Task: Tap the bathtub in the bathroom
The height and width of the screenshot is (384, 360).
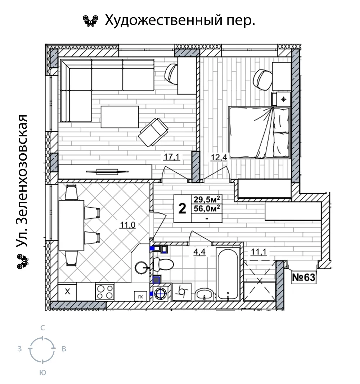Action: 228,274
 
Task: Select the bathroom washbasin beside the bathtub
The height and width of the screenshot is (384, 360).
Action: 204,294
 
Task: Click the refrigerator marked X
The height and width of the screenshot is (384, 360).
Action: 67,292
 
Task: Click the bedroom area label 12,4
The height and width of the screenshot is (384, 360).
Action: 219,157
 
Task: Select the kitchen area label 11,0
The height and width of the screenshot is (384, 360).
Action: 127,225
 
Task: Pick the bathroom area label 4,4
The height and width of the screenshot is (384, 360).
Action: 199,252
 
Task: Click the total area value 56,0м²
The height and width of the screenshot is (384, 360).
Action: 207,208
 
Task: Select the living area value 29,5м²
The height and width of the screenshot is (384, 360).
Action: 207,199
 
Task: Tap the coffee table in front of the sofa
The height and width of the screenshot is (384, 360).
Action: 120,117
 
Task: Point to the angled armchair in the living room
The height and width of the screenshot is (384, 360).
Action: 153,132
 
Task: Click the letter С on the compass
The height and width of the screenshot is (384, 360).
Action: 42,328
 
